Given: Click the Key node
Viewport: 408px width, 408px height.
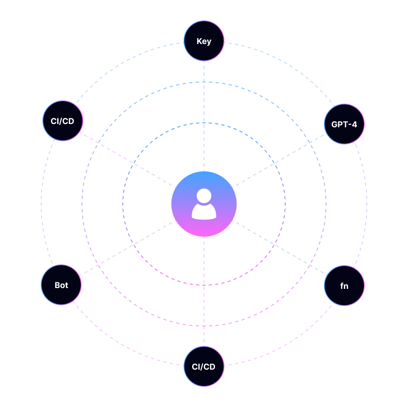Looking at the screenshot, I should point(204,41).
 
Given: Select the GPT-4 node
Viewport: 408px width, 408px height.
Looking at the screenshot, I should point(344,124).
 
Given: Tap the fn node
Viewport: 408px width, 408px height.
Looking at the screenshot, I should point(344,286).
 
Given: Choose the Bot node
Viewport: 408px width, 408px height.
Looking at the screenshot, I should point(61,285).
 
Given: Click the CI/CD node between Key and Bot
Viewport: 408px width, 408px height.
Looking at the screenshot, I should point(63,121).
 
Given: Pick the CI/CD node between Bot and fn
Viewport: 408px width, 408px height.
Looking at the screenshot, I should point(204,366).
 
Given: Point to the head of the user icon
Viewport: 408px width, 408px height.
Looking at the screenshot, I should point(204,195).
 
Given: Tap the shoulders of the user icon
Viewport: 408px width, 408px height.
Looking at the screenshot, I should point(204,213).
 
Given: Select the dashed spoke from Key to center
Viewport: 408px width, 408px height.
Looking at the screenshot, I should point(204,102).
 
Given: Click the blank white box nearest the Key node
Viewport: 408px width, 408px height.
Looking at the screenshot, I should point(338,46).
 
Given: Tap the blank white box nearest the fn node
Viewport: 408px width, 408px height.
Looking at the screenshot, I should point(346,354).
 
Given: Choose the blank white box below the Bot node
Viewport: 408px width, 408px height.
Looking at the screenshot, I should point(70,378).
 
